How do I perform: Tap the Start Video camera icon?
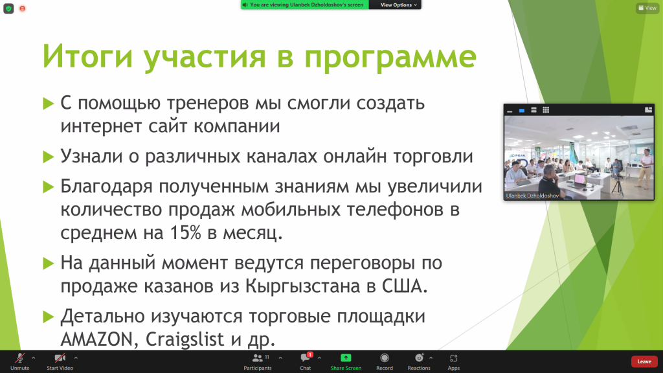click(60, 358)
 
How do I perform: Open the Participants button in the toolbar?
click(258, 361)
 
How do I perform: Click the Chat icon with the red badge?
click(306, 357)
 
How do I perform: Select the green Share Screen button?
click(346, 361)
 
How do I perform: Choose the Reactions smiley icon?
click(419, 357)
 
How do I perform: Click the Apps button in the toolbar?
click(454, 361)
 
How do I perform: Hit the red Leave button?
click(644, 361)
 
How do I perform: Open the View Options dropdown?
click(398, 5)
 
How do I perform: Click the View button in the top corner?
click(647, 8)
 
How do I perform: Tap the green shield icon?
click(8, 8)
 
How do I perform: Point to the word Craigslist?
click(185, 339)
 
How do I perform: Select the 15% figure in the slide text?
click(185, 232)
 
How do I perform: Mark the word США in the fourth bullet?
click(405, 286)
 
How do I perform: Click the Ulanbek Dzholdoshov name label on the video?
click(532, 196)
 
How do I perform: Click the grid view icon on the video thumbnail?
click(546, 110)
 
